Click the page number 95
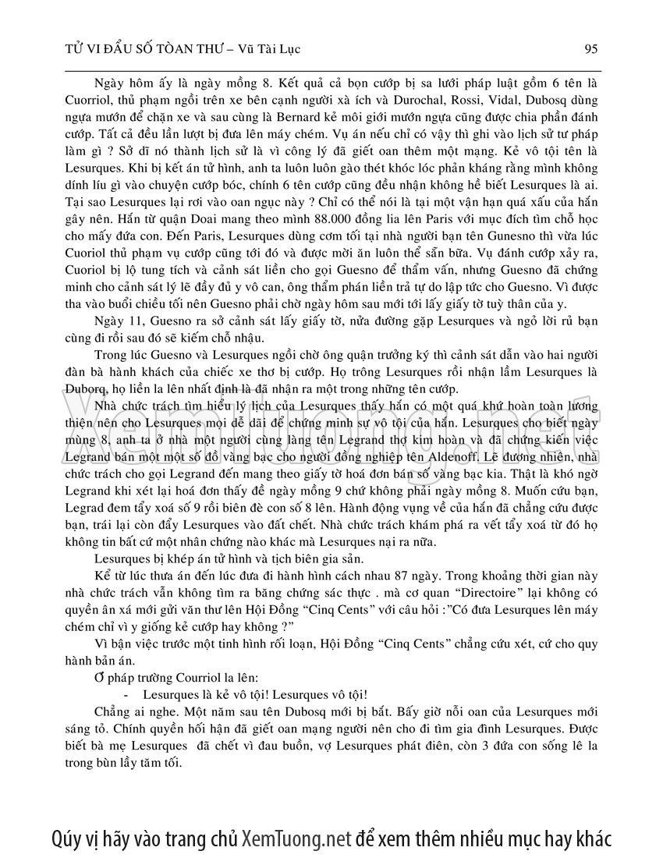point(590,48)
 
